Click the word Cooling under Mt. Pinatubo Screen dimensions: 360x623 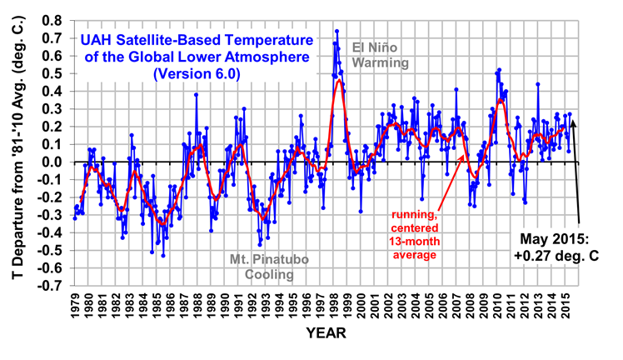coord(271,274)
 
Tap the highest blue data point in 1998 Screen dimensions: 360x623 coord(336,31)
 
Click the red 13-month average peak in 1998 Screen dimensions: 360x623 coord(339,80)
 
